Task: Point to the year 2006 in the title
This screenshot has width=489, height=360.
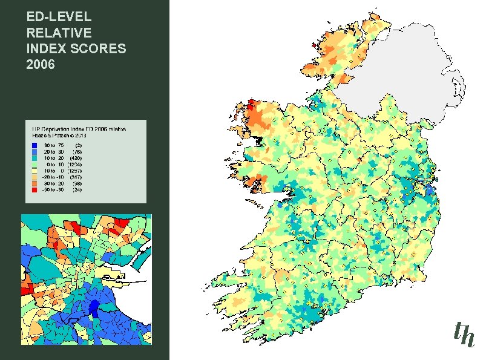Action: [41, 64]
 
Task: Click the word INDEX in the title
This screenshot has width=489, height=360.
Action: [47, 48]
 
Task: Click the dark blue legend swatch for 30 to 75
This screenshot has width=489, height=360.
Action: [35, 145]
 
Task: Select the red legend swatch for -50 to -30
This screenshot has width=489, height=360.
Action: [35, 189]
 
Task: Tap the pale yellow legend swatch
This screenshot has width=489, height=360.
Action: [35, 171]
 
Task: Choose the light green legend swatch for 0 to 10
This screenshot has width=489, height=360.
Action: [35, 164]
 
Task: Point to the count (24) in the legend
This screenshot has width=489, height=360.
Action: [78, 189]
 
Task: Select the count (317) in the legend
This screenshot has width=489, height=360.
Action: [79, 177]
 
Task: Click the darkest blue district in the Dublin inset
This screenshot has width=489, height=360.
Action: [94, 307]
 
